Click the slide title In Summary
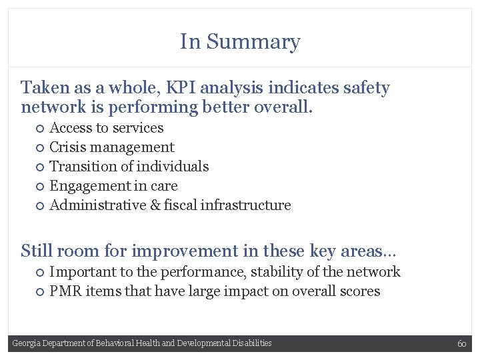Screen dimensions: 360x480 pos(240,41)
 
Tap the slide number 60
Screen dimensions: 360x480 pos(461,343)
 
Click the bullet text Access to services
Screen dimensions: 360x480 pos(107,128)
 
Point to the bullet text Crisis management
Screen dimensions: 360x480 pos(112,147)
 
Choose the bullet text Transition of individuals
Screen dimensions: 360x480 pos(129,167)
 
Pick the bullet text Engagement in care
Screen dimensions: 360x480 pos(113,186)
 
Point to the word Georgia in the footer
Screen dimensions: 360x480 pos(26,343)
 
